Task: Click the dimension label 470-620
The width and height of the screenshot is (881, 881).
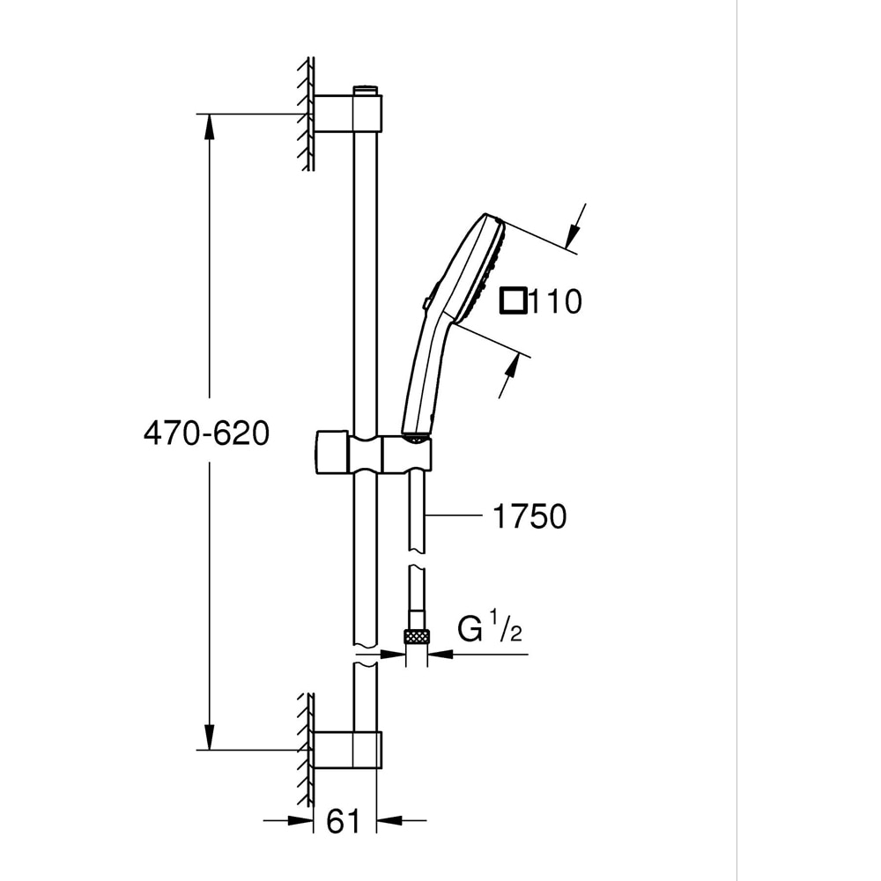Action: click(x=205, y=433)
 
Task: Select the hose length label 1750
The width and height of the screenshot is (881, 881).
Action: click(x=529, y=517)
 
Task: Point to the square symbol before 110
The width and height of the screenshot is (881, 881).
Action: click(x=514, y=301)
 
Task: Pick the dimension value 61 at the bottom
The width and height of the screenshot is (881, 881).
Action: click(x=344, y=821)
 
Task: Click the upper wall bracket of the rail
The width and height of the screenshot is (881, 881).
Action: click(x=348, y=114)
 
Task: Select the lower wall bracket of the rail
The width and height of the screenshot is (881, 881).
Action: click(x=348, y=750)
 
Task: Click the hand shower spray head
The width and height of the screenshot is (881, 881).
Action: click(x=476, y=269)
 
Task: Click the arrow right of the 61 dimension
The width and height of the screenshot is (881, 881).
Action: click(x=389, y=821)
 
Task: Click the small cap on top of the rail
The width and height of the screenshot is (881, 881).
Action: click(x=366, y=90)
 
